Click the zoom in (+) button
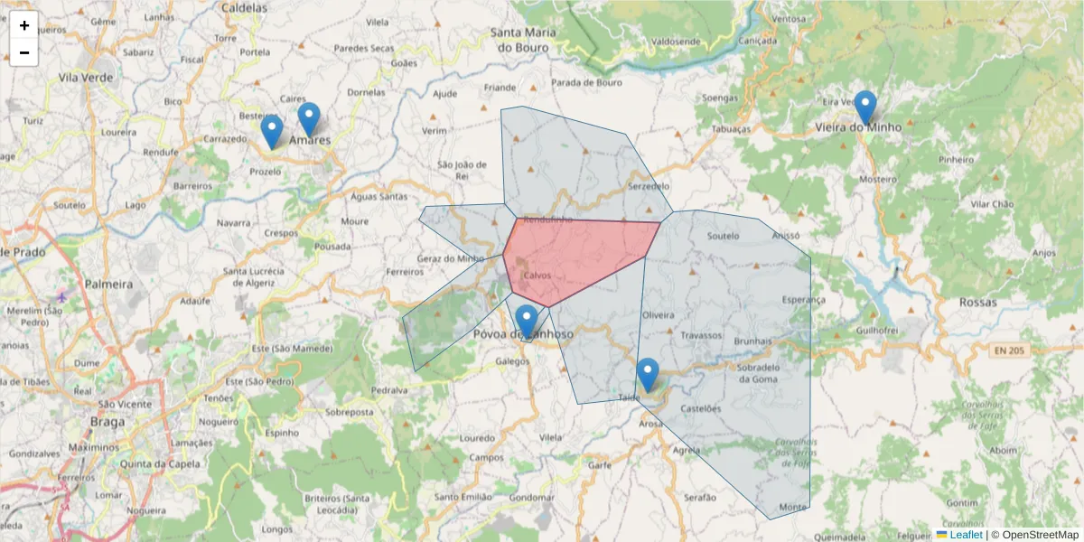tap(24, 25)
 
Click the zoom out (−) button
tap(24, 52)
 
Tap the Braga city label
tap(107, 421)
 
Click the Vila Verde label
tap(86, 78)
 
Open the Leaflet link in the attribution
tap(966, 535)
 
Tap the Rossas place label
tap(978, 302)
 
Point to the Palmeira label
tap(108, 284)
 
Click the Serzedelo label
tap(649, 185)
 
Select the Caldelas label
tap(244, 7)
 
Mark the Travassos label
tap(702, 335)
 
